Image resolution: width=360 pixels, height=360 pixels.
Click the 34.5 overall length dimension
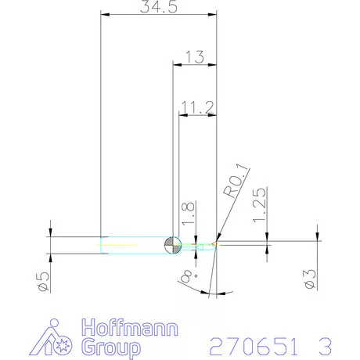(158, 7)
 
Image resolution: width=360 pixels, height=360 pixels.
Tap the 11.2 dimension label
(196, 105)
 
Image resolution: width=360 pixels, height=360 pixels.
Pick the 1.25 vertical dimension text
(261, 204)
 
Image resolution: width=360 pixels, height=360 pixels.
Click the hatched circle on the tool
(172, 245)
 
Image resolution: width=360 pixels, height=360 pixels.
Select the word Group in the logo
(111, 346)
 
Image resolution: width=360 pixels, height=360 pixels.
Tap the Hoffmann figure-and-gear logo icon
(58, 337)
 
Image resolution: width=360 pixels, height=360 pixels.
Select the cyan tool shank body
(133, 245)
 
